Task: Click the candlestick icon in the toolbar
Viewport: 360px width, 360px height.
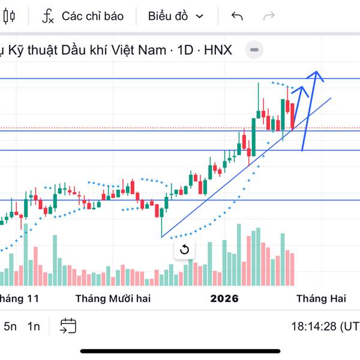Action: coord(8,16)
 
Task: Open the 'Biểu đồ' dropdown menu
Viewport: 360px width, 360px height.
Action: coord(175,16)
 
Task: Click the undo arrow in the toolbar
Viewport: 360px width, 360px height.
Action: coord(237,16)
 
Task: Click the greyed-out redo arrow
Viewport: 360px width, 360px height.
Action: coord(269,16)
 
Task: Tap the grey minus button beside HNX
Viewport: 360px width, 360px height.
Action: coord(255,50)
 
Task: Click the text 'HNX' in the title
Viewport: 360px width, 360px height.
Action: coord(218,50)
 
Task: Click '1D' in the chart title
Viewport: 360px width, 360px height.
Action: coord(186,50)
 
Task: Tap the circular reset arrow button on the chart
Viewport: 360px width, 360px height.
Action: coord(184,250)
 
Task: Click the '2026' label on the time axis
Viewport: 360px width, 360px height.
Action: coord(224,298)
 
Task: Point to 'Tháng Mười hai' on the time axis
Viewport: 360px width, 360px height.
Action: coord(113,298)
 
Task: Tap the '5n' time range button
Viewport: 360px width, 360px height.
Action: coord(10,326)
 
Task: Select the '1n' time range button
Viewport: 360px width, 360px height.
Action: coord(34,326)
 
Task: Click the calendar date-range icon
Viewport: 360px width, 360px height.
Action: coord(68,326)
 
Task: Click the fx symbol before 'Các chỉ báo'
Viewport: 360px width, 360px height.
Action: coord(48,16)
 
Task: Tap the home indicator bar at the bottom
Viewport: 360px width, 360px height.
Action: coord(180,351)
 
